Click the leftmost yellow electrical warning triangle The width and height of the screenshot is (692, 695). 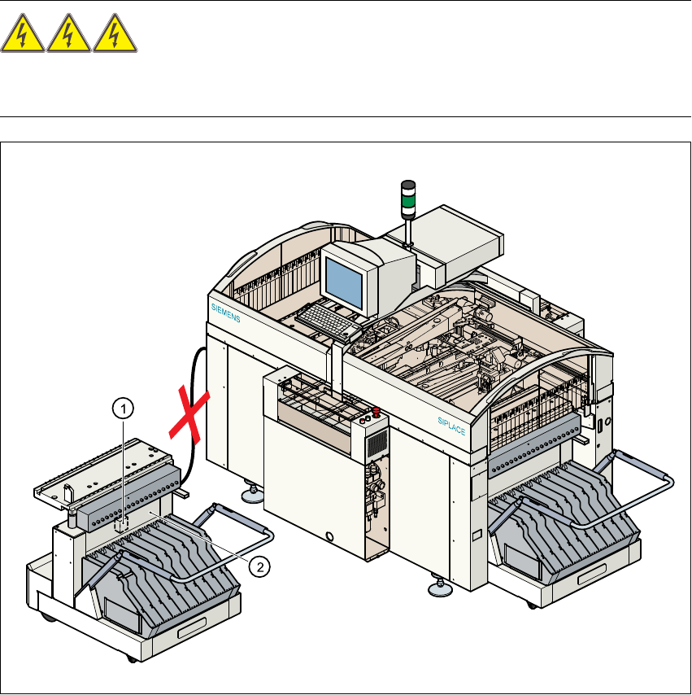24,38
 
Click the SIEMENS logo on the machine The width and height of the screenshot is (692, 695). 226,313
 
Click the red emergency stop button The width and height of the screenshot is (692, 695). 376,412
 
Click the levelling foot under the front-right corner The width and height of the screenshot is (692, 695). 441,584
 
